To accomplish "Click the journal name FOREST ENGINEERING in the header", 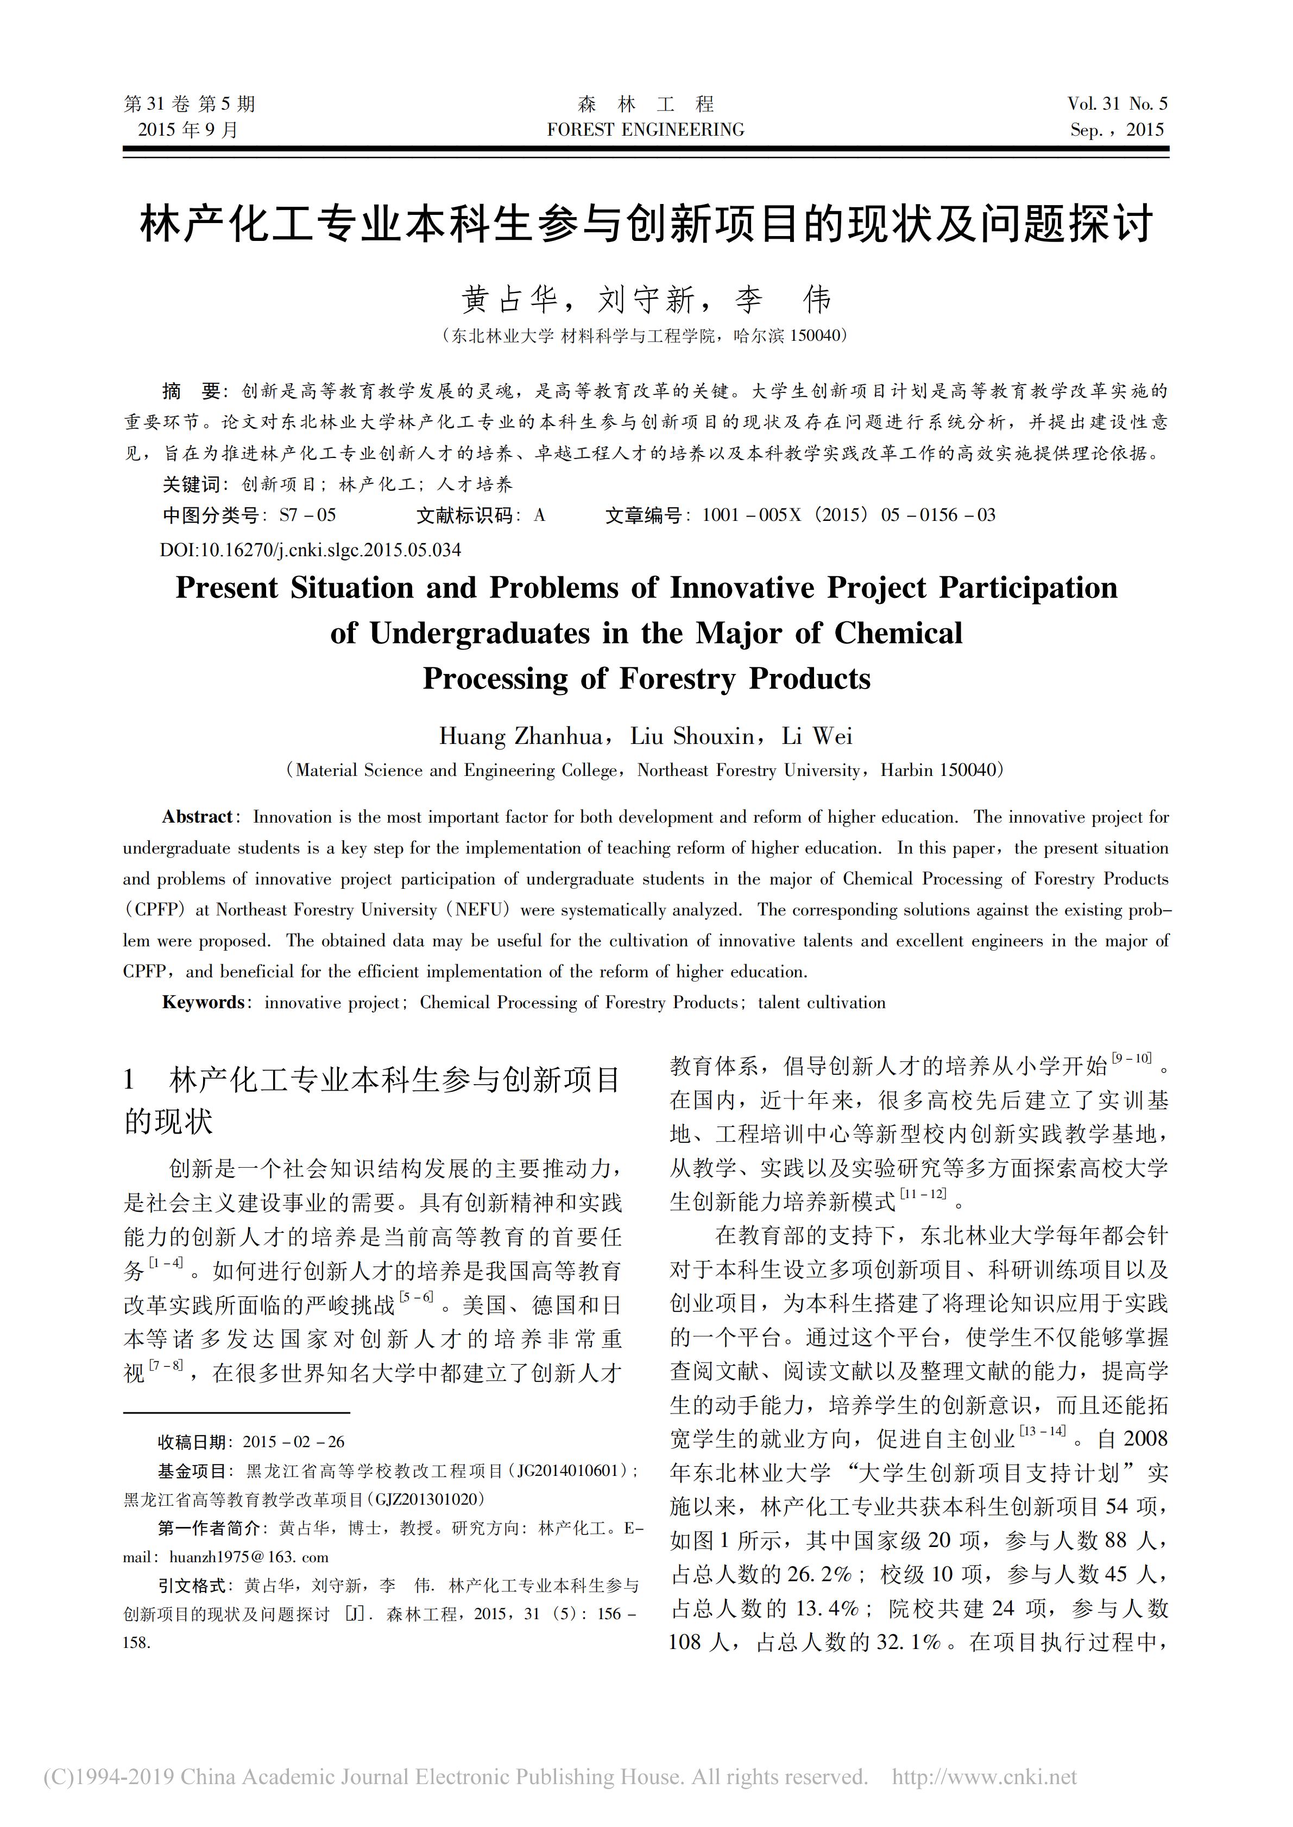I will pos(646,130).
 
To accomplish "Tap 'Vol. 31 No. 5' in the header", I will pos(1118,104).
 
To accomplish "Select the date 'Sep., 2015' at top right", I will pos(1117,130).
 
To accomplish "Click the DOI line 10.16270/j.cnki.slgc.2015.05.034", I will pos(311,550).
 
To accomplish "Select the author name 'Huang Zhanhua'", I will pos(521,736).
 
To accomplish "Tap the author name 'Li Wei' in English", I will pos(817,736).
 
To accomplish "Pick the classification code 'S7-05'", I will pos(307,515).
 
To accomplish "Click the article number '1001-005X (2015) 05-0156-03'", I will pos(849,515).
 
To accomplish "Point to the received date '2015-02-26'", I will pos(294,1442).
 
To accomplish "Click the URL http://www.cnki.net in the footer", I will pos(984,1777).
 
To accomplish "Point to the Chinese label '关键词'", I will pos(191,485).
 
